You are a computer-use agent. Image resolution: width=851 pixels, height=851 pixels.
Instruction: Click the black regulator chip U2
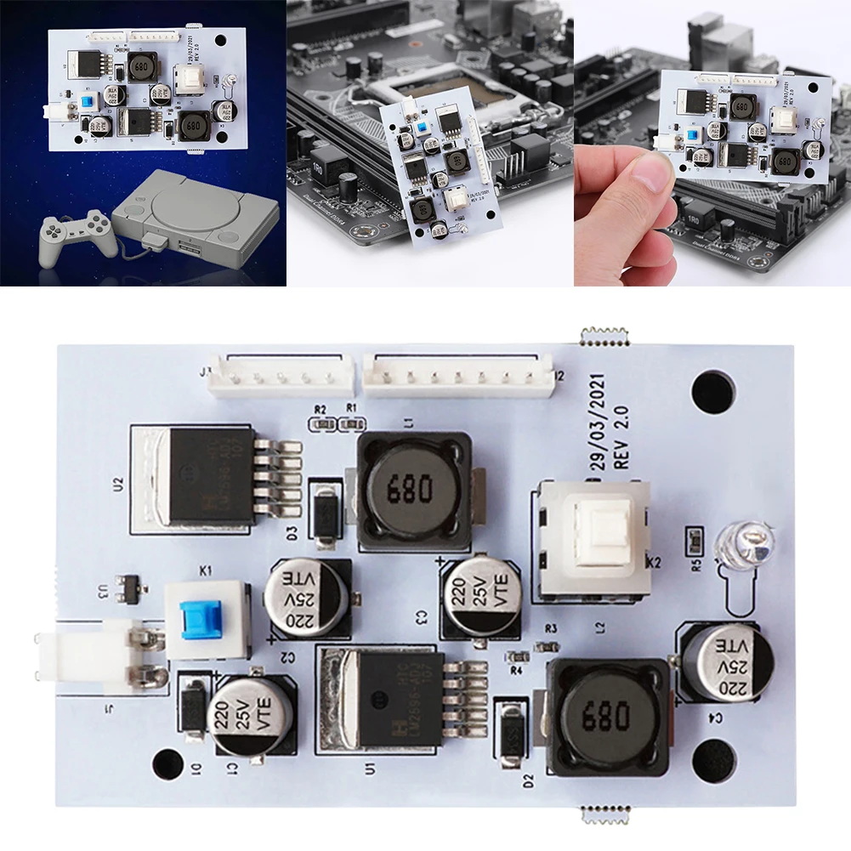213,476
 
